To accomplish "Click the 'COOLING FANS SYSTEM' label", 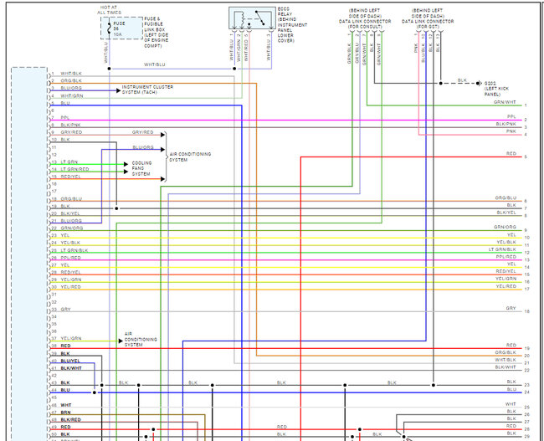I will click(141, 168).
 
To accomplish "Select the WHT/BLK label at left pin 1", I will click(71, 74).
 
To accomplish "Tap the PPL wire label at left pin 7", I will click(64, 117).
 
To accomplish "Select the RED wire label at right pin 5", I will click(511, 154).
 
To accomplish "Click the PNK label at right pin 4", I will click(511, 132).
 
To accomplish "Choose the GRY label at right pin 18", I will click(511, 308).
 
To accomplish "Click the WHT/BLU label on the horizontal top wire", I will click(154, 65).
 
